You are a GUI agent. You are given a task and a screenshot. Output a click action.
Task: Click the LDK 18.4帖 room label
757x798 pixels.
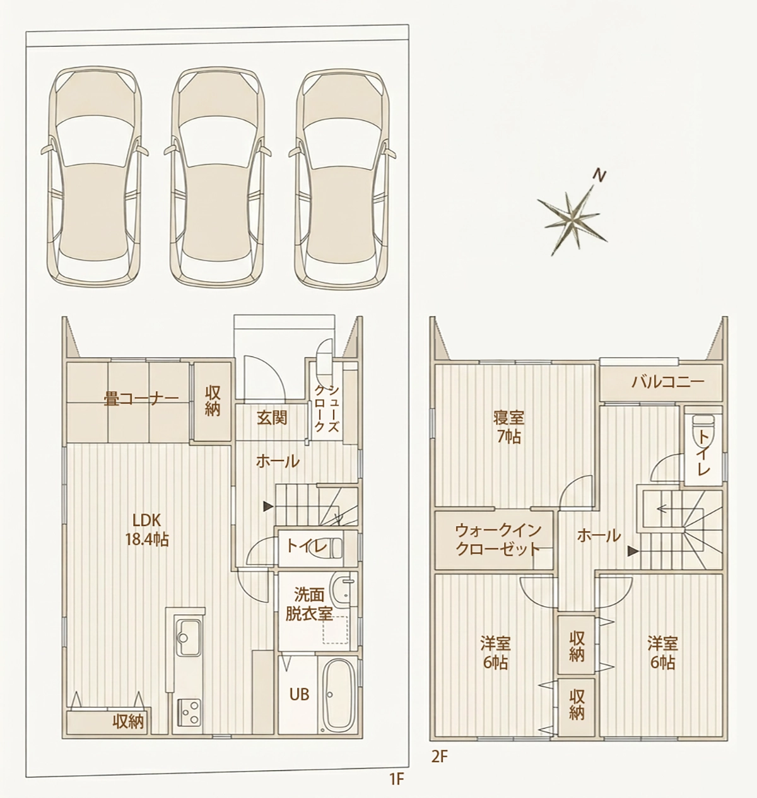coord(147,530)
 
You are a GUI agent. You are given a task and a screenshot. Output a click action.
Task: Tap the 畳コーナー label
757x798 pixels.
coord(141,399)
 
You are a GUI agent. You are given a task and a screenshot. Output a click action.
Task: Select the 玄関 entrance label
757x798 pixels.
coord(272,418)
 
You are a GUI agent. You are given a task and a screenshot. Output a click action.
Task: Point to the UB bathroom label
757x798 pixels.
coord(300,694)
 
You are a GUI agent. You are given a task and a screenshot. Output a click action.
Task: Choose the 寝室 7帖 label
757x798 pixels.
coord(508,426)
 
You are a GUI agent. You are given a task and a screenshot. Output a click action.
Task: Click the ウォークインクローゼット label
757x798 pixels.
coord(498,539)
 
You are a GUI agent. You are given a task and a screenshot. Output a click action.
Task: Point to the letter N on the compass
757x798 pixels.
coord(599,176)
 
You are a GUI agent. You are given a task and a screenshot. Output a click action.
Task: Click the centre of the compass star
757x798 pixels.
coord(573,220)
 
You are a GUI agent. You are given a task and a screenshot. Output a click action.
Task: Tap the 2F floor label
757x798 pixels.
coord(439,756)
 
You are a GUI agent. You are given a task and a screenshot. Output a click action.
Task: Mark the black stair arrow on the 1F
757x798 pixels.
coord(268,506)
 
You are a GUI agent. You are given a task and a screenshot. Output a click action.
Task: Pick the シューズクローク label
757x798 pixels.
coord(327,408)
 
